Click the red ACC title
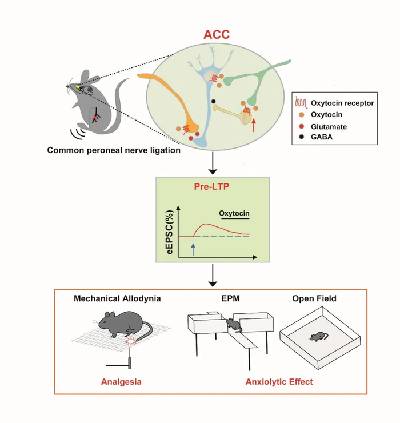(217, 34)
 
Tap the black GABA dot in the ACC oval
(213, 101)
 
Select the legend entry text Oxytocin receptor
(342, 103)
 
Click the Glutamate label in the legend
(329, 126)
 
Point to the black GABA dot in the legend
(302, 137)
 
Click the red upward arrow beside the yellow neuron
(254, 125)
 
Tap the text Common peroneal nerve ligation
(114, 150)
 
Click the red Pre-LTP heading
(212, 186)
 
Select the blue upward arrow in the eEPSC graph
(193, 249)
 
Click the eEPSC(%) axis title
(170, 232)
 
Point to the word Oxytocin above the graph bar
(234, 213)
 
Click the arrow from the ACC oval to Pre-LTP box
(213, 163)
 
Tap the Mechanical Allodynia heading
(117, 298)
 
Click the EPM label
(231, 298)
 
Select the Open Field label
(314, 298)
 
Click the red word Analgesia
(121, 382)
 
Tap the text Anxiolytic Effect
(279, 382)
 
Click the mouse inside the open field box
(318, 337)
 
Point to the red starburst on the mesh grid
(131, 341)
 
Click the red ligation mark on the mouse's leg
(95, 118)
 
